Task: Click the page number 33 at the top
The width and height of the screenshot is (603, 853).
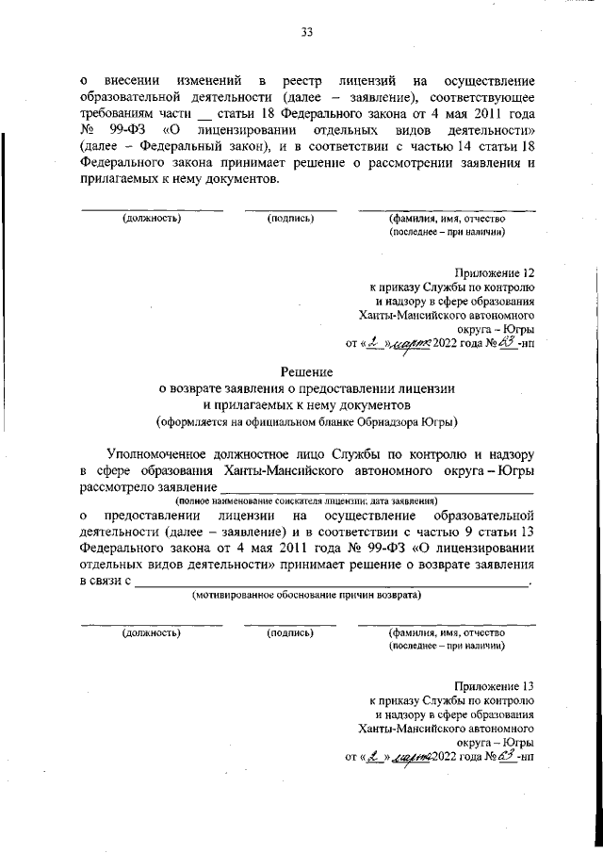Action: (x=306, y=32)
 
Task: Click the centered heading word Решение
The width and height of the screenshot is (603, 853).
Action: (x=307, y=373)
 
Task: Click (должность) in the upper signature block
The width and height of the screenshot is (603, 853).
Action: (x=151, y=219)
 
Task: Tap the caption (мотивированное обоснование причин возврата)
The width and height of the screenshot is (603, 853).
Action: (x=306, y=596)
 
